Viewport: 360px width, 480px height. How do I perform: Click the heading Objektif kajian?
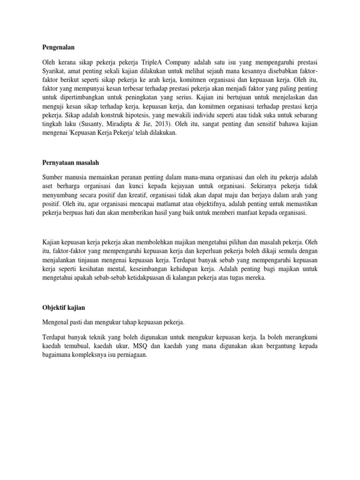point(63,307)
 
